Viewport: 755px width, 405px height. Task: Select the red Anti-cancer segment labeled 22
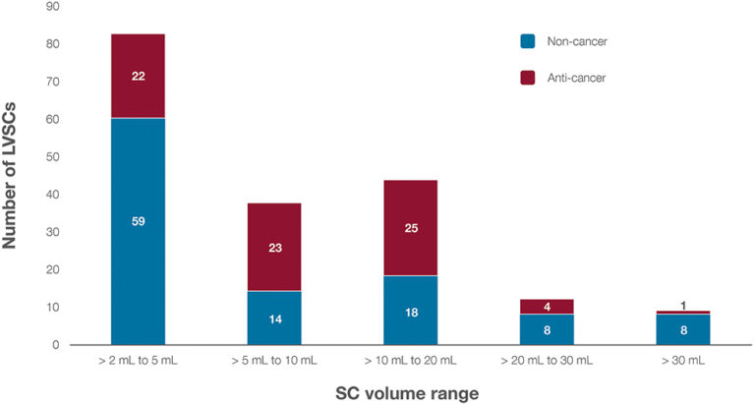coord(137,76)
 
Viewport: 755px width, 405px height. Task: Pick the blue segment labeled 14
coord(274,318)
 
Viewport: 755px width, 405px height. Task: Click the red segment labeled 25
coord(411,228)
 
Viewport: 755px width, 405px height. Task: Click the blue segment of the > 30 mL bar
coord(684,329)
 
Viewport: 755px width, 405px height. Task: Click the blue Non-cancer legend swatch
coord(528,41)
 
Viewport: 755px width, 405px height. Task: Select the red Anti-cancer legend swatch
coord(528,77)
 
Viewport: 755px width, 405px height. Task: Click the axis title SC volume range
coord(410,391)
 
